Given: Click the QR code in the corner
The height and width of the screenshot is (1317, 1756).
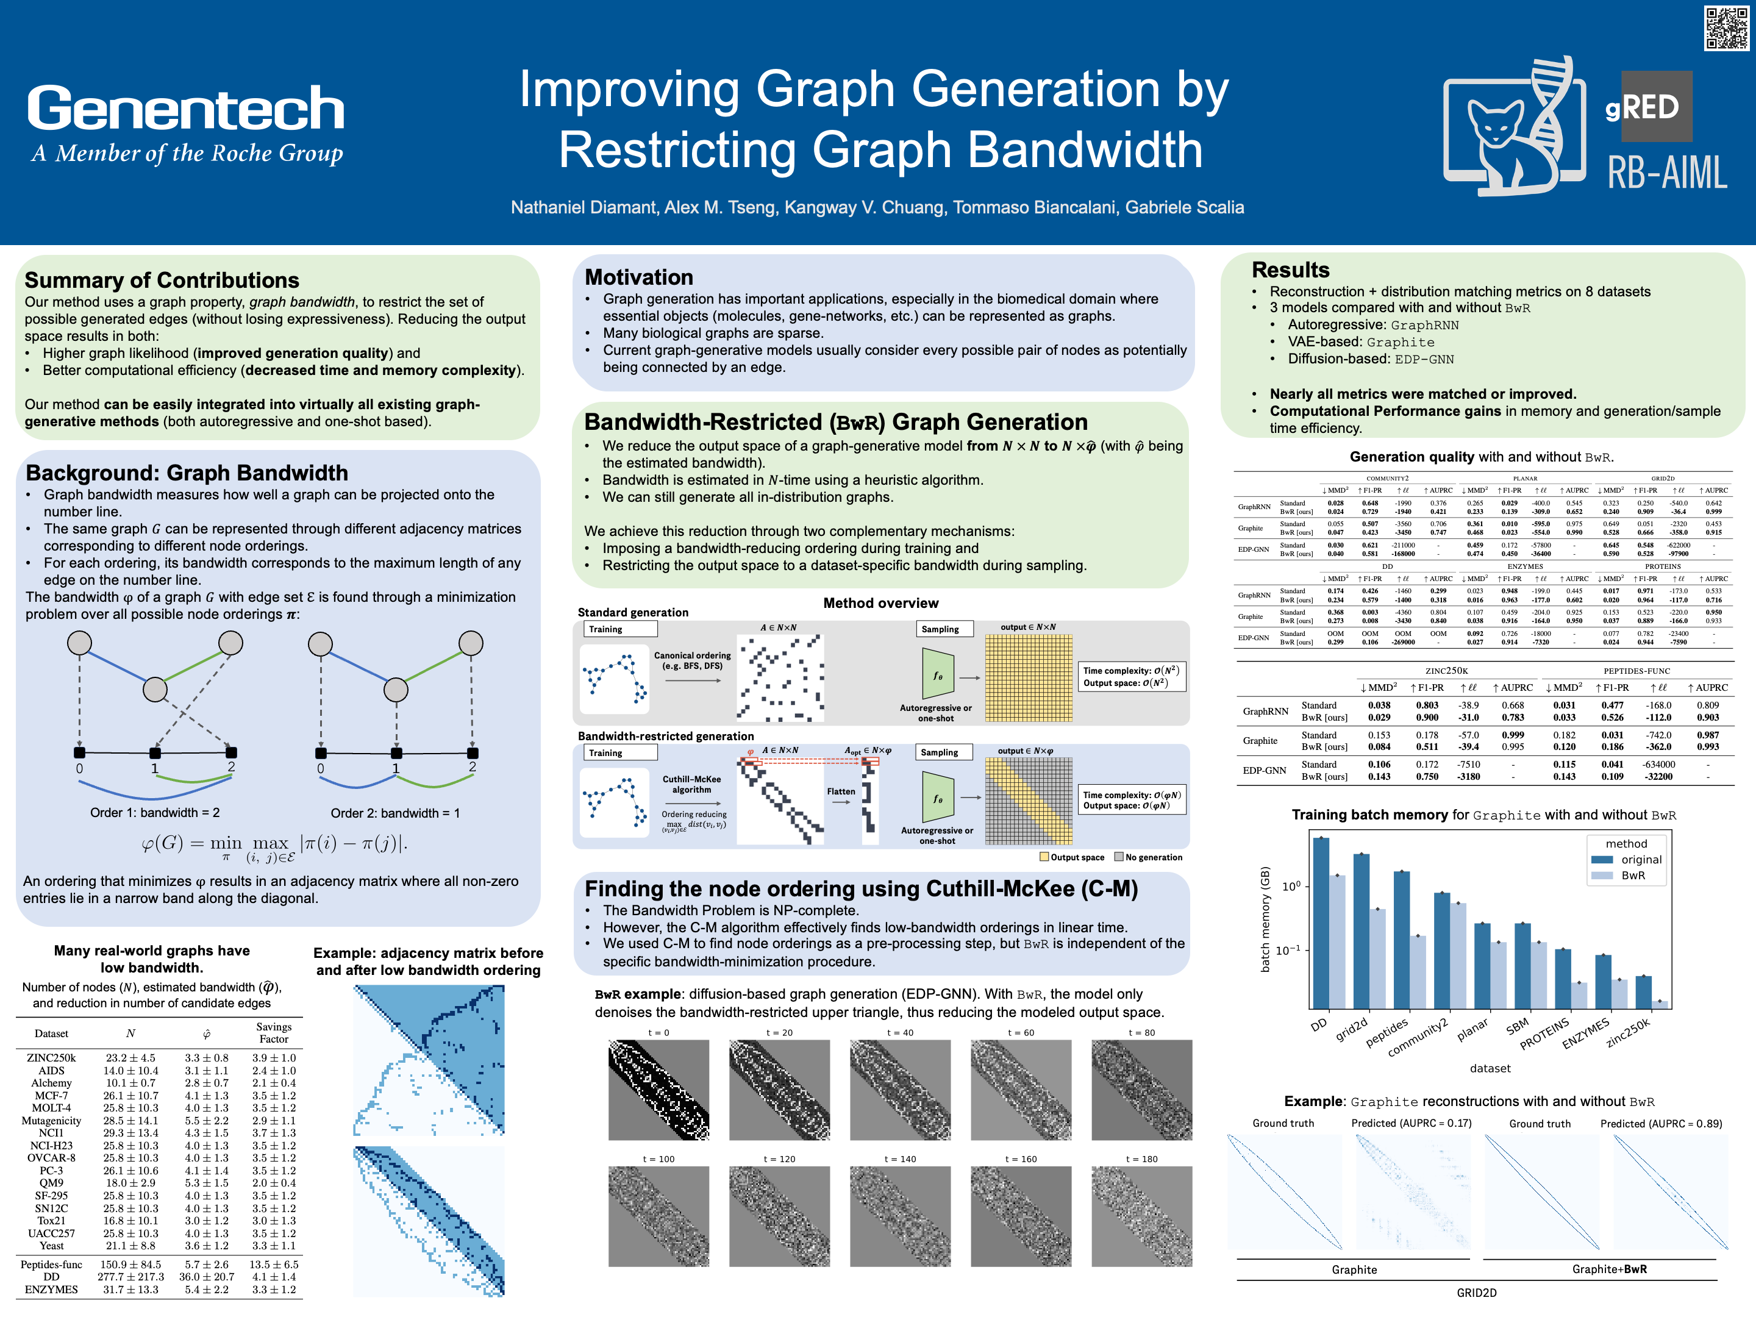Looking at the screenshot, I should point(1726,29).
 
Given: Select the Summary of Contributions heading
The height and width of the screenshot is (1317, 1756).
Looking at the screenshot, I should point(162,280).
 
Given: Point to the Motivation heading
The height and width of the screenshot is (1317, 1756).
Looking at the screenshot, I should point(638,277).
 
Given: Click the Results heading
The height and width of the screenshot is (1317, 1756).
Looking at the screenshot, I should point(1290,270).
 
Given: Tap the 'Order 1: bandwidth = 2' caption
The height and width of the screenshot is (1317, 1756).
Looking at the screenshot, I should point(155,813).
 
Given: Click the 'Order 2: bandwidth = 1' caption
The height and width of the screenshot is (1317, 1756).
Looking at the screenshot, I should point(394,813).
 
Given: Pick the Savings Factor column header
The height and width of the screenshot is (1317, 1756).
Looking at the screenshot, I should point(273,1033).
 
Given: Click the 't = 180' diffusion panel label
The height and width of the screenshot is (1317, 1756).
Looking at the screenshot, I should point(1141,1159).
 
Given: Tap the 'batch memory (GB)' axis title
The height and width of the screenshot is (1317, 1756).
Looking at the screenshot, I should point(1265,918).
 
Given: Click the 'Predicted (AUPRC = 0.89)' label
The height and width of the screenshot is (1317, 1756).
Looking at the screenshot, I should point(1661,1123).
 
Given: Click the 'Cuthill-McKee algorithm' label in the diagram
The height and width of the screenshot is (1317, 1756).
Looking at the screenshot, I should point(691,784).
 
